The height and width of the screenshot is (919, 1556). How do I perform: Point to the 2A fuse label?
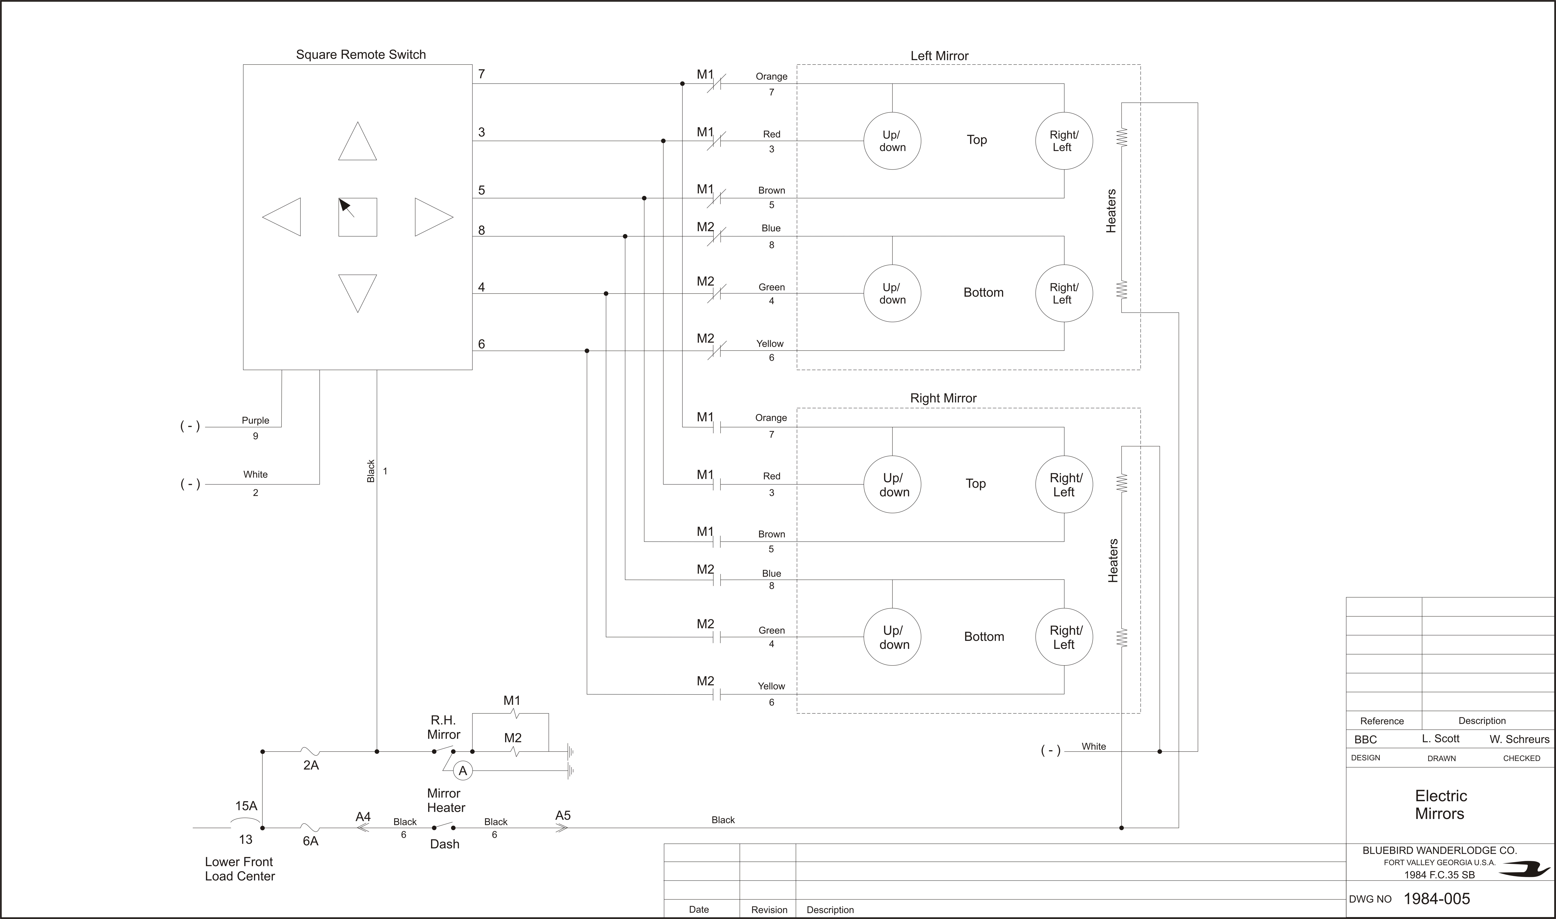311,766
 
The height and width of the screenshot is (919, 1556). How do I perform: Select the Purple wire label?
255,421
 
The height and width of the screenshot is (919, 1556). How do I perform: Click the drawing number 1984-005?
1436,899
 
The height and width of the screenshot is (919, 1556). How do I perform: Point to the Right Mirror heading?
943,398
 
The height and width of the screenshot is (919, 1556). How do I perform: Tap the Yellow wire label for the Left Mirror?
770,344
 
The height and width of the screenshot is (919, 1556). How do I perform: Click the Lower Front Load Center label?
240,869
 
